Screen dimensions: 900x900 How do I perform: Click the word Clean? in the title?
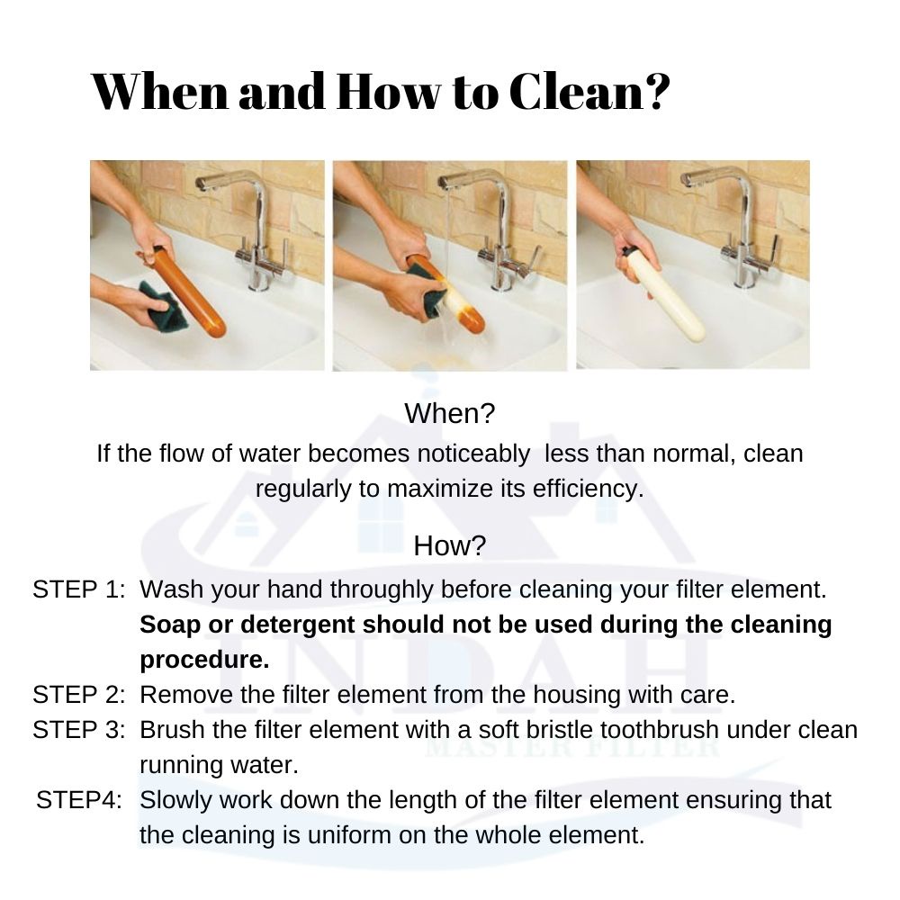[x=589, y=92]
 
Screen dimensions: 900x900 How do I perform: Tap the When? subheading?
[x=449, y=413]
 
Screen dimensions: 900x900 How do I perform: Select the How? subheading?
[x=449, y=545]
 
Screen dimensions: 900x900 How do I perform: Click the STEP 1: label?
[x=78, y=590]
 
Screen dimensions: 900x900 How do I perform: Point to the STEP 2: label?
[x=78, y=695]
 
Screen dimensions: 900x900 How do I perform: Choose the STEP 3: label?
[x=78, y=730]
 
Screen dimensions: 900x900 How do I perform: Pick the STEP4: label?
[x=78, y=800]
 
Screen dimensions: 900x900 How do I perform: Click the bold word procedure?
[x=204, y=661]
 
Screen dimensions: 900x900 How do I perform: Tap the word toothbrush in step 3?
[x=660, y=730]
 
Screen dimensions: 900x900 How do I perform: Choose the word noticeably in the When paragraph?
[x=473, y=454]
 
